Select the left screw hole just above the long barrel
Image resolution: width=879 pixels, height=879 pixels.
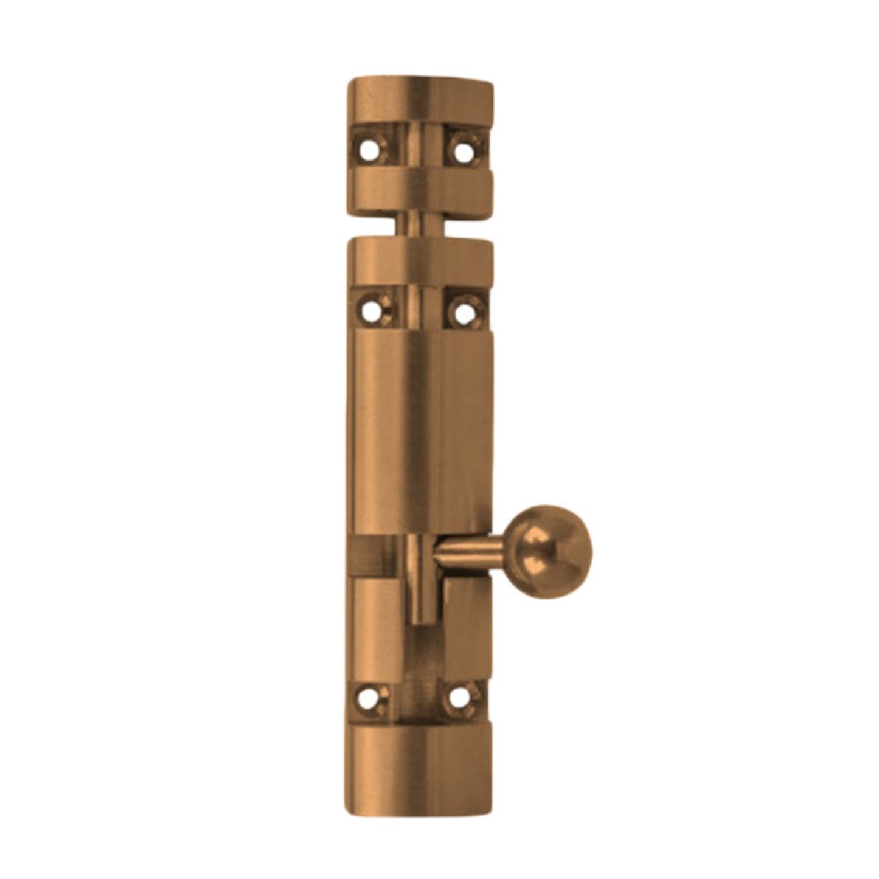pos(369,311)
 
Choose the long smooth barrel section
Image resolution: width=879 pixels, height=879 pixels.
pos(420,432)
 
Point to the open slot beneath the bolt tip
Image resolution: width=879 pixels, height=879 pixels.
pos(420,651)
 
